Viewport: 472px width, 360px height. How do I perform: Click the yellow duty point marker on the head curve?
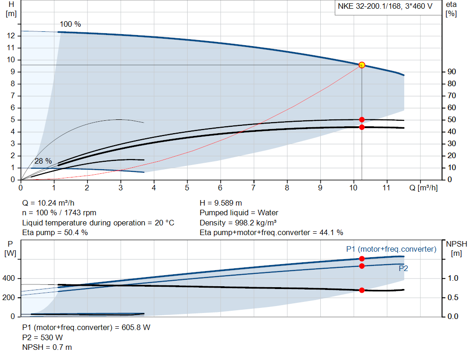coord(362,65)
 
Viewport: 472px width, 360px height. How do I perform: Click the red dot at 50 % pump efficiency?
coord(362,120)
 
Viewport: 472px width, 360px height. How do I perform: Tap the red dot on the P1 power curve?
coord(362,259)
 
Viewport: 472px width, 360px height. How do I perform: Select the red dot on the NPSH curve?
coord(362,290)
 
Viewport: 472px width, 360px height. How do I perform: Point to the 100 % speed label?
coord(70,24)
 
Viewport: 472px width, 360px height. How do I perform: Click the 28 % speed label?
coord(43,161)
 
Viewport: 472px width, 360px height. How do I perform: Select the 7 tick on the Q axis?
coord(254,188)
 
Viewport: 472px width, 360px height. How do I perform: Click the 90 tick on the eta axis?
coord(452,72)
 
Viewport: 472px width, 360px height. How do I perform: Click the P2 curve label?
coord(403,268)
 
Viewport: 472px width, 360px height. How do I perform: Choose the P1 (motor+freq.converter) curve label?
coord(391,249)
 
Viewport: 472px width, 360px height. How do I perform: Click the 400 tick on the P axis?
coord(10,278)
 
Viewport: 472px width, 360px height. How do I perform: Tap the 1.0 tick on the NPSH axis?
coord(453,278)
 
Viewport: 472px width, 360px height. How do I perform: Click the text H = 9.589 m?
coord(221,203)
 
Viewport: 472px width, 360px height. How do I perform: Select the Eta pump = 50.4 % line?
coord(55,232)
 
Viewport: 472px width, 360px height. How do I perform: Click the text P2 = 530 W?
coord(42,337)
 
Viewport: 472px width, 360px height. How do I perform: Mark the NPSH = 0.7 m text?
coord(47,347)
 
